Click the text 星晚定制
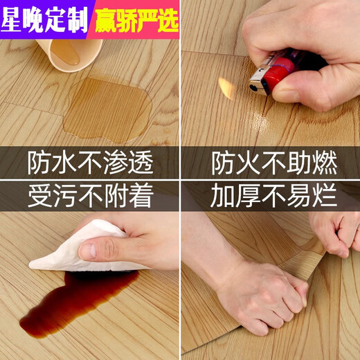pos(46,19)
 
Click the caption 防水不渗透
pos(90,163)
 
